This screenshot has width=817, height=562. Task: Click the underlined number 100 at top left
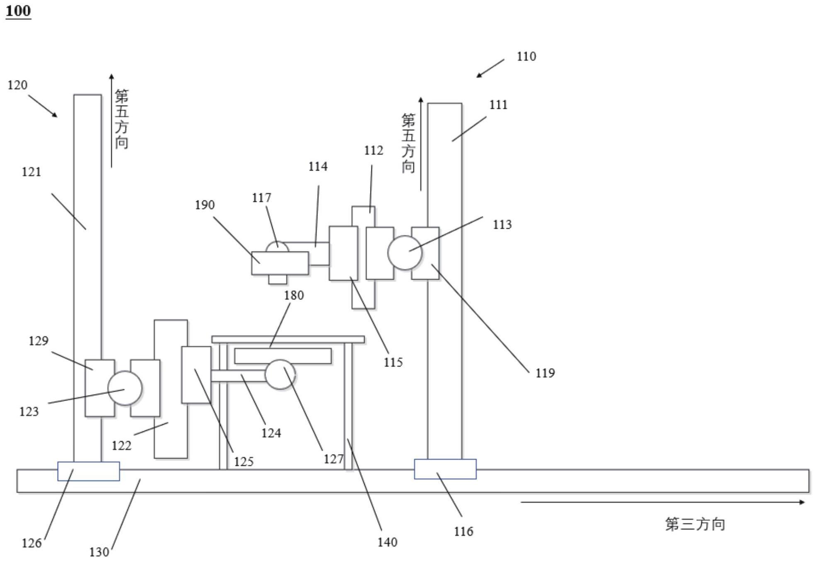pos(18,11)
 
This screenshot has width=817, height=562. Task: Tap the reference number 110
pos(526,56)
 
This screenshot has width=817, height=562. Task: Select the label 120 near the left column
pos(17,85)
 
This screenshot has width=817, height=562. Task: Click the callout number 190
pos(205,205)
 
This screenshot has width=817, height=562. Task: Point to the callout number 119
pos(545,373)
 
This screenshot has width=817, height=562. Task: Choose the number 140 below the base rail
pos(387,542)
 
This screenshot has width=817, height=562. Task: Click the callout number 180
pos(294,296)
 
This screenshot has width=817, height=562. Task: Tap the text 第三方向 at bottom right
pos(695,524)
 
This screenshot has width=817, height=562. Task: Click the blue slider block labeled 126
pos(88,472)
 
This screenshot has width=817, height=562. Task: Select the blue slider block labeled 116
pos(445,469)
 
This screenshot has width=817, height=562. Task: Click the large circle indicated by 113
pos(405,253)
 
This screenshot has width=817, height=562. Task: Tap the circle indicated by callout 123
pos(124,388)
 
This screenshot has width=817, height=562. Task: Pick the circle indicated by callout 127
pos(280,375)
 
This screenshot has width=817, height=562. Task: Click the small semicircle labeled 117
pos(277,247)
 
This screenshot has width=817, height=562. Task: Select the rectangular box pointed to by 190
pos(280,263)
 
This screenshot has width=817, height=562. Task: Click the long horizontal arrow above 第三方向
pos(662,502)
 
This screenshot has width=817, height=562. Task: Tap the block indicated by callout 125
pos(196,375)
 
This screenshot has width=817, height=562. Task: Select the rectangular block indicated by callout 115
pos(343,253)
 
